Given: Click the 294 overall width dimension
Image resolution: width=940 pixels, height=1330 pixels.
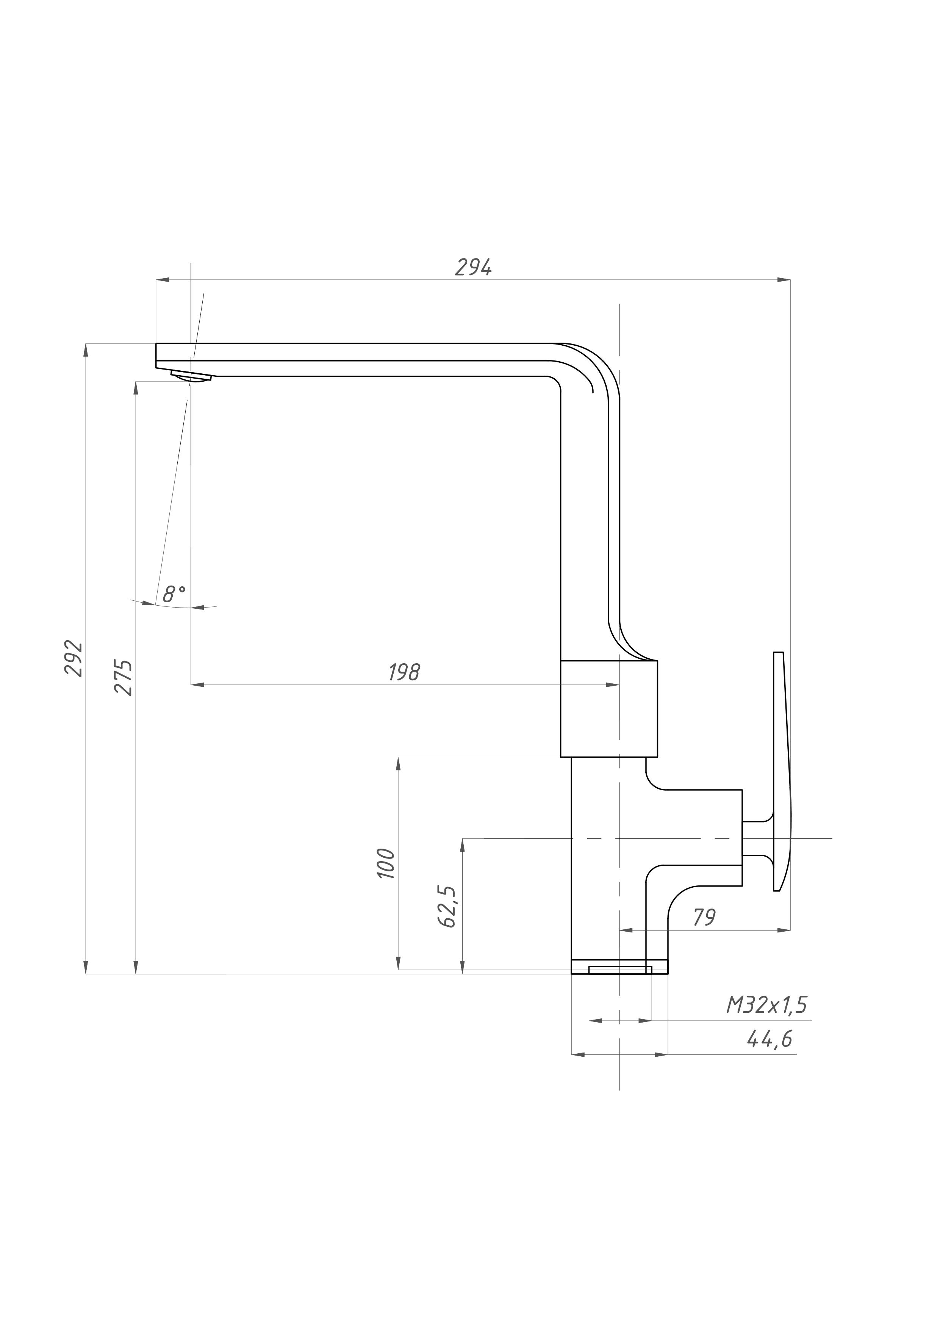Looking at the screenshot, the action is click(473, 268).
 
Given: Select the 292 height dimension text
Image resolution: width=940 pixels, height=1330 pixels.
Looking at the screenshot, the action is click(74, 659).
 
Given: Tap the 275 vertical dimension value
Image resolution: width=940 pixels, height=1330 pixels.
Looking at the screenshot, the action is click(124, 677).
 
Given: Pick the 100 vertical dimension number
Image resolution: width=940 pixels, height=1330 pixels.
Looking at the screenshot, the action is click(386, 864).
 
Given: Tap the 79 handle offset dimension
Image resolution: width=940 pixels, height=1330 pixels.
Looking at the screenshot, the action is click(704, 918).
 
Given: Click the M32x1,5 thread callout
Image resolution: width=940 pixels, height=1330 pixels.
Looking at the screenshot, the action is click(766, 1006).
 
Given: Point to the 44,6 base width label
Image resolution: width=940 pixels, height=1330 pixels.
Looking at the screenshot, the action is click(769, 1040).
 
